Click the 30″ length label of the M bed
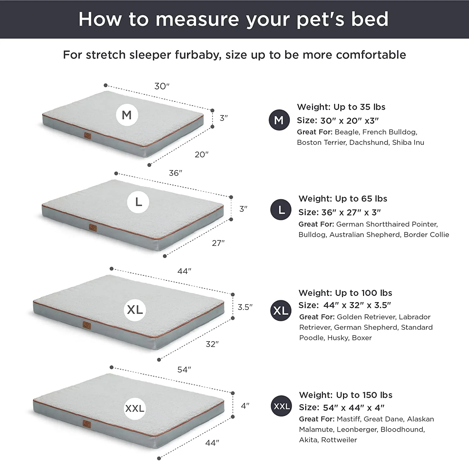coord(162,86)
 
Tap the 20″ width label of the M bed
coord(201,155)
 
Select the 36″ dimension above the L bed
coord(175,173)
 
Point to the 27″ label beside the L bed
coord(218,243)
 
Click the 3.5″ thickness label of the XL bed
coord(245,307)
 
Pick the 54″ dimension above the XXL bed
coord(184,370)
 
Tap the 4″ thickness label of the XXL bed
coord(245,406)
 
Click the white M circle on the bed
coord(127,115)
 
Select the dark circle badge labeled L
coord(281,210)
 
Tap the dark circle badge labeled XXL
coord(281,406)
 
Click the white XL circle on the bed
coord(135,310)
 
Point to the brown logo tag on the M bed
coord(88,136)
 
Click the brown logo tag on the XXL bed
coord(87,424)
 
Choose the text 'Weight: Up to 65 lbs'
coord(343,199)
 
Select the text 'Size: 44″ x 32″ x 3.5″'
coord(345,305)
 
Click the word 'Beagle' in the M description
coord(347,132)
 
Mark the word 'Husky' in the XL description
coord(338,338)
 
